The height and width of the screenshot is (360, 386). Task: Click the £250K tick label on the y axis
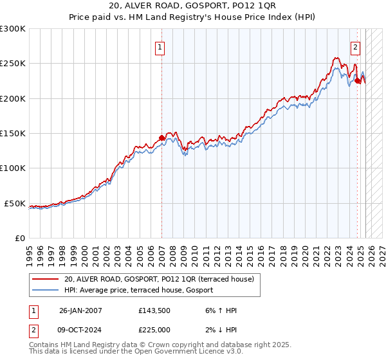pos(12,64)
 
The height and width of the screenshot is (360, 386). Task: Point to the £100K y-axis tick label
pos(12,168)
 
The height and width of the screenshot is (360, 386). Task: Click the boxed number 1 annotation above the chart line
pos(159,46)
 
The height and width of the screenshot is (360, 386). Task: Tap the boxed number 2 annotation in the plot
pos(355,46)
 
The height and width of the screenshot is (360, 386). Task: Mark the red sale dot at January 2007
pos(161,138)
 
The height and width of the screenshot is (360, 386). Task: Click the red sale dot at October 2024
pos(357,81)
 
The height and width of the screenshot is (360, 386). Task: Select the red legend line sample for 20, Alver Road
pos(45,279)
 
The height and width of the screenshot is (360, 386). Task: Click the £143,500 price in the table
pos(154,310)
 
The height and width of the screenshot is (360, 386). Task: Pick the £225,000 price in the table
pos(154,329)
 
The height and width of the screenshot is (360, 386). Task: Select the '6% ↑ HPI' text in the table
pos(218,310)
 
